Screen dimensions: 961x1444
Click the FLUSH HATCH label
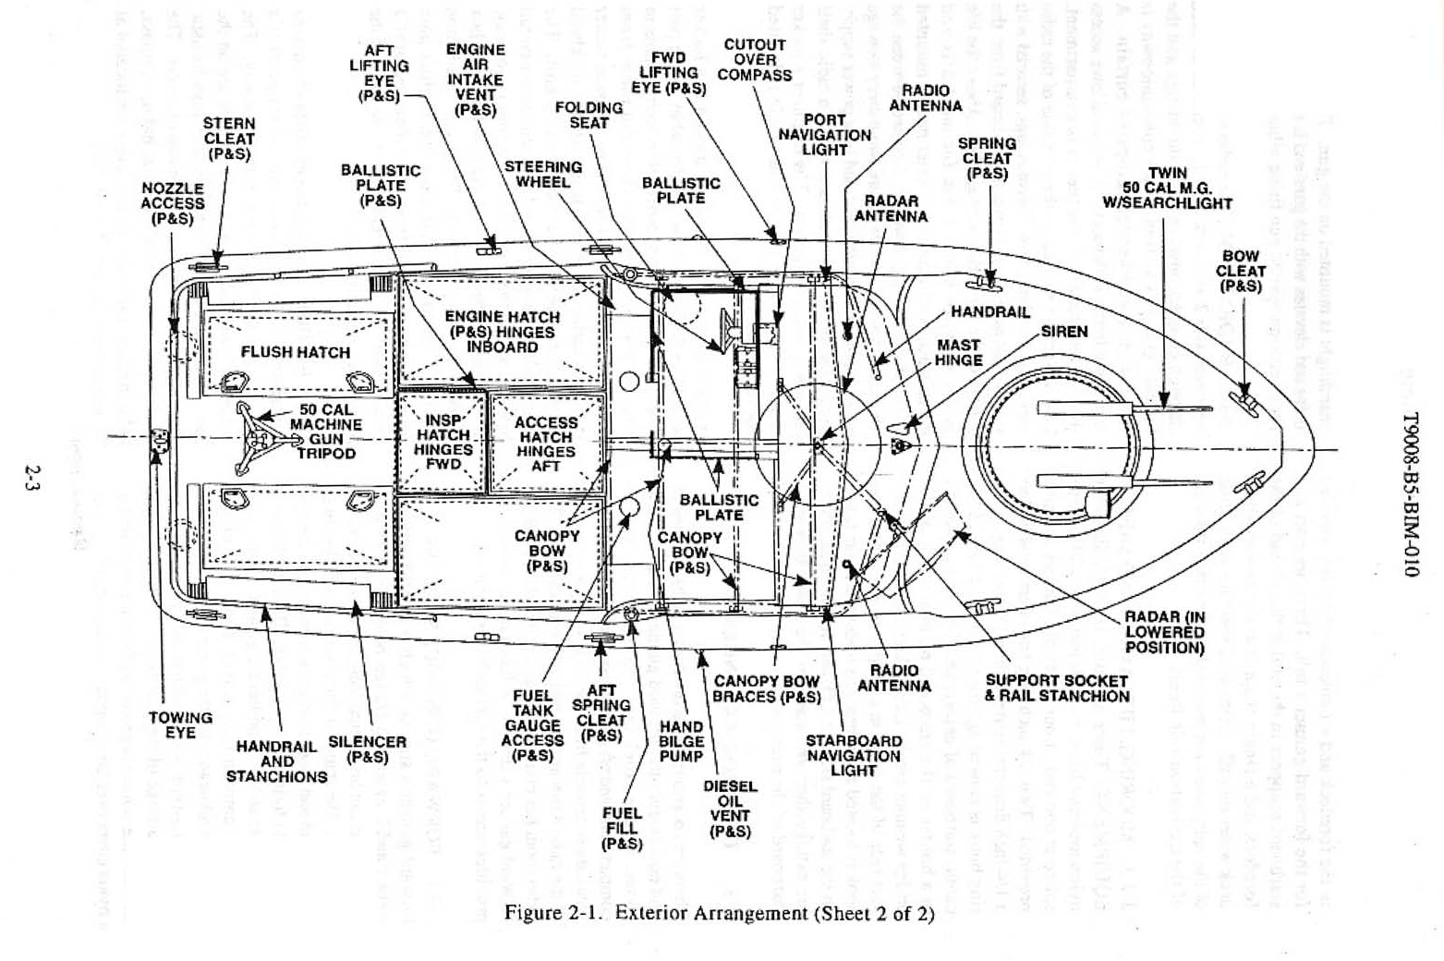pos(295,352)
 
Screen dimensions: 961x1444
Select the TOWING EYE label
pos(180,724)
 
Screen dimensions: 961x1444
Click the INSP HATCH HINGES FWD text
pos(443,443)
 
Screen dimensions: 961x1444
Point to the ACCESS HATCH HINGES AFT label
pos(545,444)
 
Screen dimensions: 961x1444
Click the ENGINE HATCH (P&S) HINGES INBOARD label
pos(502,332)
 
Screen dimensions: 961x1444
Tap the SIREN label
pos(1064,331)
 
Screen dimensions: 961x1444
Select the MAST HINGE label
pos(958,352)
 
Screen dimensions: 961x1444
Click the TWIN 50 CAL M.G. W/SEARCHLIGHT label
pos(1168,189)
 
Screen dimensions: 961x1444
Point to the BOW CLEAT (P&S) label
pos(1240,272)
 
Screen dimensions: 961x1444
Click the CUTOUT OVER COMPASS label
pos(755,60)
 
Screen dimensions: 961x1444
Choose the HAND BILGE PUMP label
pos(681,741)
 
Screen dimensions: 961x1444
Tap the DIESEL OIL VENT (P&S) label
pos(730,809)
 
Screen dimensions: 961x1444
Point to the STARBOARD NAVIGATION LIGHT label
pos(853,755)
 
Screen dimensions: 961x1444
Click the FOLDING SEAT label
pos(589,116)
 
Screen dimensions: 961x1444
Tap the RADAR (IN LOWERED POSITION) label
pos(1164,632)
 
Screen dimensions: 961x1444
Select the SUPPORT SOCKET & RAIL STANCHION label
pos(1056,688)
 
